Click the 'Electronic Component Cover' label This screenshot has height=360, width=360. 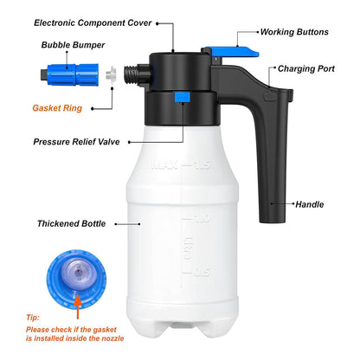(93, 23)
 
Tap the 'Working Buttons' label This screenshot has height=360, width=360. (294, 32)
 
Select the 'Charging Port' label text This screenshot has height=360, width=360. (306, 68)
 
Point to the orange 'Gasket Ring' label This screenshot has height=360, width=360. (57, 108)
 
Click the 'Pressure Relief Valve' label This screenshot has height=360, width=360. (76, 142)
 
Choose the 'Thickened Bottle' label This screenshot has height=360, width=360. (71, 223)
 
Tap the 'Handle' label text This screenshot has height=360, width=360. (310, 204)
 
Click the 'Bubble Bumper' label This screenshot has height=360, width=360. (73, 45)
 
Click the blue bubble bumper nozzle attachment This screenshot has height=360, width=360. (69, 74)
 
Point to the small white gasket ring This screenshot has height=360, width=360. (111, 74)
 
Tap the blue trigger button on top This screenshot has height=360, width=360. (232, 52)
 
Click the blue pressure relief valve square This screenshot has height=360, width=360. (182, 97)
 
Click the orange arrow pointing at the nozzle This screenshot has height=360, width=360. (78, 306)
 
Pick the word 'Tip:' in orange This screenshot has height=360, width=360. (33, 318)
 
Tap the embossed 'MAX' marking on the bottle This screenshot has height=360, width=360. (164, 165)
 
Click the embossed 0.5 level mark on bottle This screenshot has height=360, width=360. (202, 272)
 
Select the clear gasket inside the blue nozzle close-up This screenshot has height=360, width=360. (77, 273)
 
